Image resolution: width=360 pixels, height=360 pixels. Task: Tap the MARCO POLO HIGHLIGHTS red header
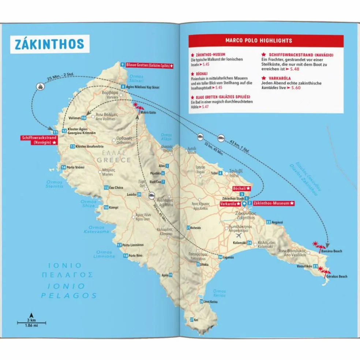(266, 41)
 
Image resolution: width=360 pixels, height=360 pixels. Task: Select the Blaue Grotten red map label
(149, 65)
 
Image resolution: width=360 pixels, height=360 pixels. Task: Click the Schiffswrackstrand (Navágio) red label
(39, 140)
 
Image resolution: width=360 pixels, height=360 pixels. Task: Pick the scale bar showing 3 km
(31, 322)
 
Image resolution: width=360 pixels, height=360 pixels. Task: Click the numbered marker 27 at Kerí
(192, 319)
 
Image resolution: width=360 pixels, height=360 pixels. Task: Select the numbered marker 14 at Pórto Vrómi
(64, 167)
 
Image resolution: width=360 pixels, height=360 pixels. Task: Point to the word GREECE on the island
(113, 160)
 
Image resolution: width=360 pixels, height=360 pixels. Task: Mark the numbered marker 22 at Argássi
(269, 222)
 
